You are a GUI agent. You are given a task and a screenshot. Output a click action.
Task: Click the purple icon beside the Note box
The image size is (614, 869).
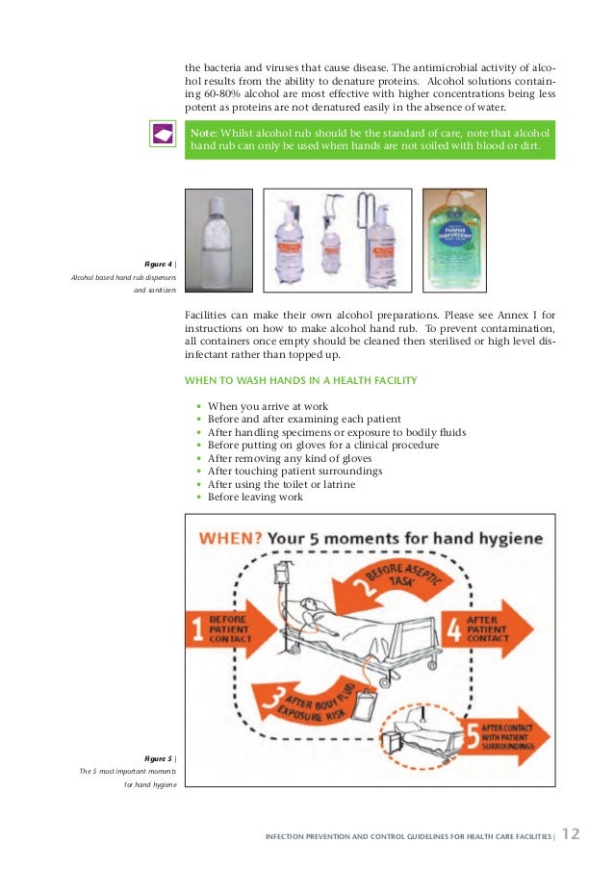[x=163, y=134]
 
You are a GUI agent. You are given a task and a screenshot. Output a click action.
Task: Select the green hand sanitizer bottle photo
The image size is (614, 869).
[x=453, y=239]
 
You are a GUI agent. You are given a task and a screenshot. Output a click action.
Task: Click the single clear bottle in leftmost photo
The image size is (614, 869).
[x=218, y=239]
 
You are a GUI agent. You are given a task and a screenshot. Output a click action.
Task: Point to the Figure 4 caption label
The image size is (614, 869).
[x=159, y=264]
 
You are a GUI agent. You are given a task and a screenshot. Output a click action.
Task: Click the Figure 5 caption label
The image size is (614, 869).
[x=159, y=758]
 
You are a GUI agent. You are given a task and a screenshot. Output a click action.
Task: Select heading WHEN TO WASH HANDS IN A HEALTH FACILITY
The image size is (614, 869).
[x=300, y=380]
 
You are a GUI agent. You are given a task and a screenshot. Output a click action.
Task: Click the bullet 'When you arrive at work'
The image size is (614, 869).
[x=268, y=406]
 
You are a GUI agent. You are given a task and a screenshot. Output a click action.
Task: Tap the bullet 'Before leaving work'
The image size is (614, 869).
[x=255, y=498]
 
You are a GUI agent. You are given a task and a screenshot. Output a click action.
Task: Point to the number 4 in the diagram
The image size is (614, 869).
[x=453, y=631]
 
